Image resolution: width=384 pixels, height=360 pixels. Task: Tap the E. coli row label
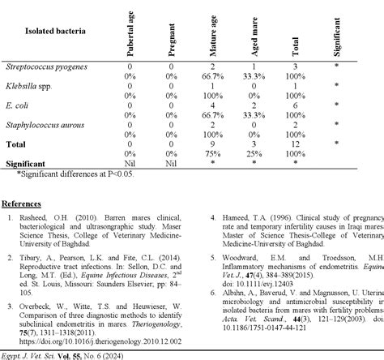21,104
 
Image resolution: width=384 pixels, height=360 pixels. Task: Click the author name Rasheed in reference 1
37,219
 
